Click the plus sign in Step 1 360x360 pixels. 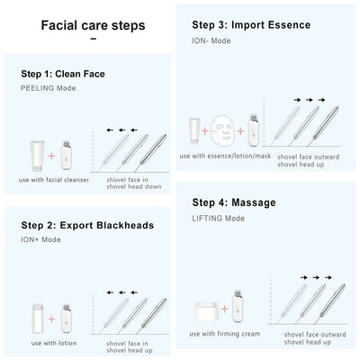pos(50,159)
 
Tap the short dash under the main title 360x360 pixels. pos(93,39)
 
